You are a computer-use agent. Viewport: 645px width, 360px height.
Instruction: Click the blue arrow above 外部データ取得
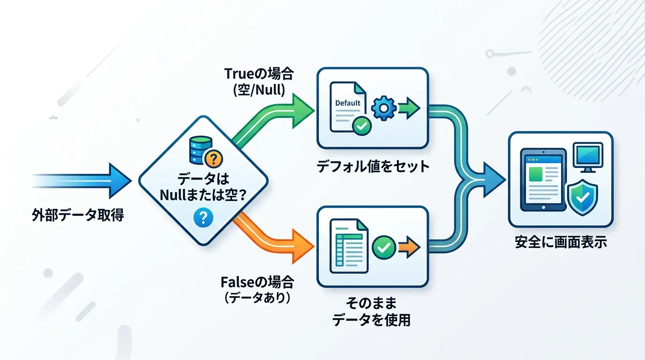click(x=84, y=180)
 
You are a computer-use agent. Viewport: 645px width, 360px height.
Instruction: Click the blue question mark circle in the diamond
click(x=203, y=217)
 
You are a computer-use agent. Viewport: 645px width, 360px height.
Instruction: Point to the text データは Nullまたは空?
click(x=203, y=187)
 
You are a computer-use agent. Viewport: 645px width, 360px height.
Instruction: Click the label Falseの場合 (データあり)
click(x=257, y=289)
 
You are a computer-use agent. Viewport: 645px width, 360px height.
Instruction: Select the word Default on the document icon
click(x=348, y=103)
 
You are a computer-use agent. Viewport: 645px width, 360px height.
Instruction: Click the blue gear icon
click(x=383, y=107)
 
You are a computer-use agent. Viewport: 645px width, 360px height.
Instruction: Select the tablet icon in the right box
click(x=542, y=180)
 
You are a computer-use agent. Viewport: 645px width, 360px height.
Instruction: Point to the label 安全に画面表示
click(x=561, y=243)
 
